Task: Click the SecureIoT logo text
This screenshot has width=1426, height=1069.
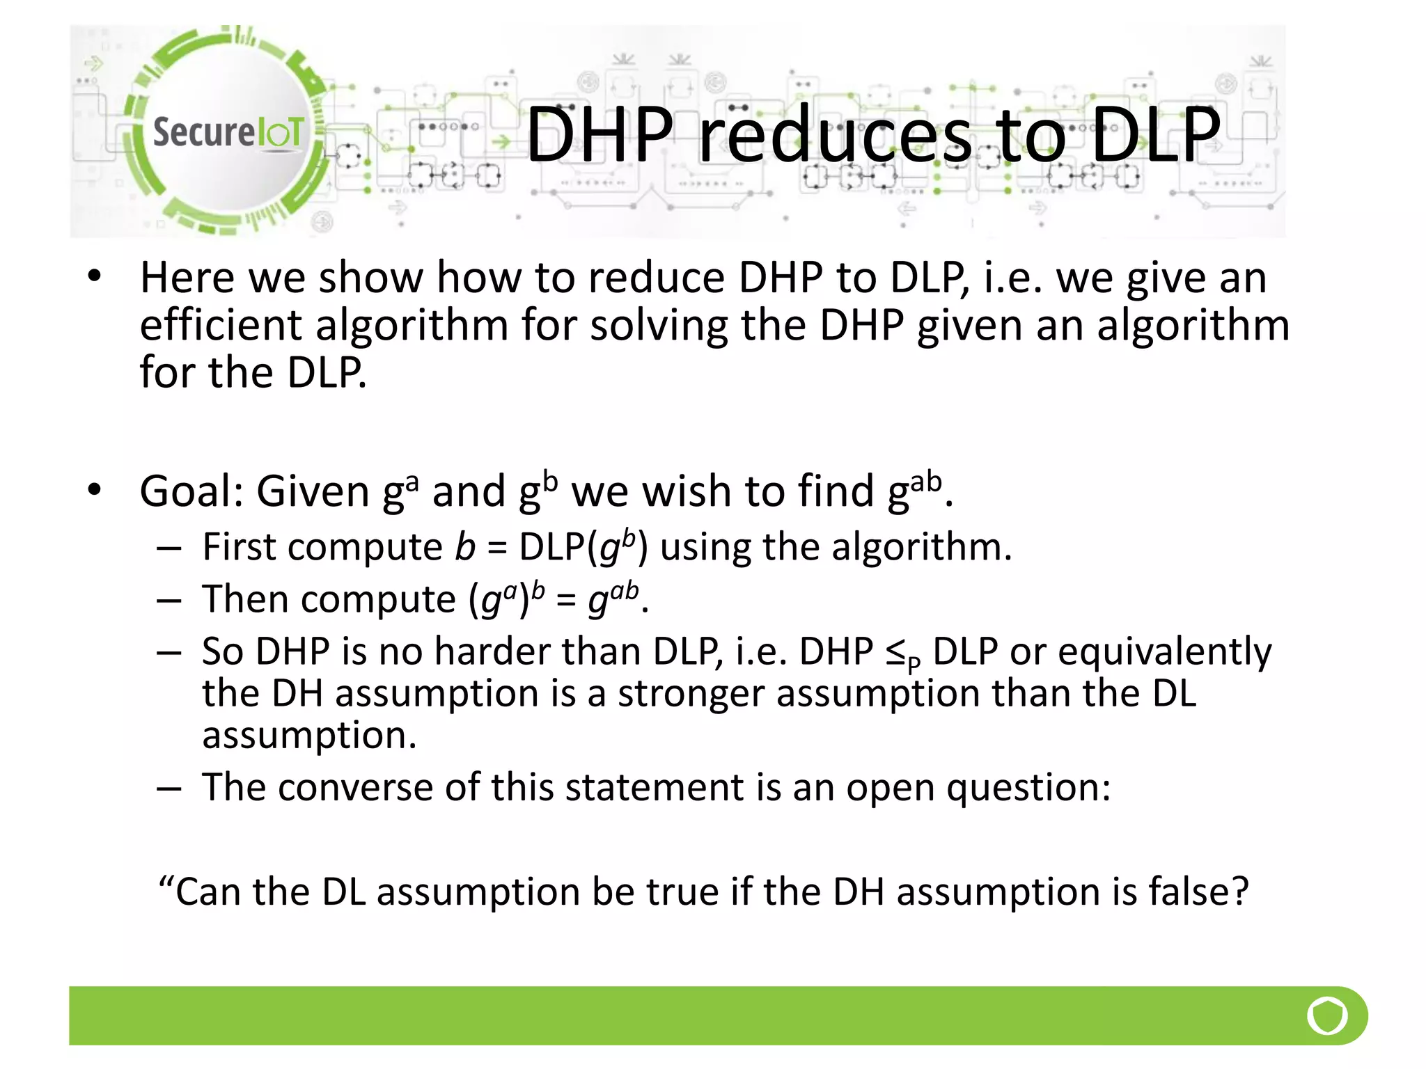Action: (x=228, y=132)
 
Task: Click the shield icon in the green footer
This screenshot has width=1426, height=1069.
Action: (x=1327, y=1016)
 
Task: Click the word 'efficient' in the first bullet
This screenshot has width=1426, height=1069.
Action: (x=221, y=325)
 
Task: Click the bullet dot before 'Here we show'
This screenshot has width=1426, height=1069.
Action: (x=95, y=277)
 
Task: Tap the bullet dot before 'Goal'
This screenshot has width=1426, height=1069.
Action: (x=95, y=490)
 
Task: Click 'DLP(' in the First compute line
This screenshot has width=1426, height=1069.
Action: (x=558, y=547)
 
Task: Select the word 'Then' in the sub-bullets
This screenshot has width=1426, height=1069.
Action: (x=245, y=599)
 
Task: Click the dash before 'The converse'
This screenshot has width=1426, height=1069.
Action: (x=169, y=789)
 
